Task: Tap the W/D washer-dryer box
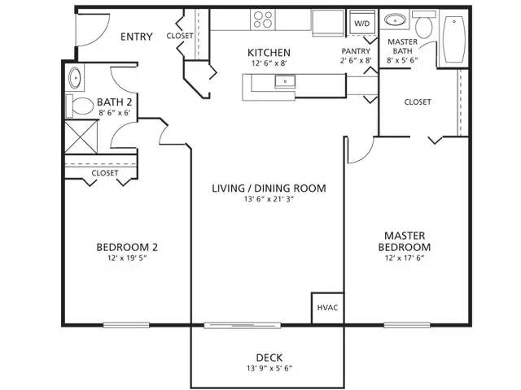coord(361,24)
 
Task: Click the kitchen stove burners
coord(262,19)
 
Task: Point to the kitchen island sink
coord(285,80)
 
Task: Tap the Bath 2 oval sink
coord(75,79)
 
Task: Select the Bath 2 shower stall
coord(78,136)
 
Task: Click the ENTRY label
coord(136,37)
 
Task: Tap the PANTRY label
coord(356,50)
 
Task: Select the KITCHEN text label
coord(269,54)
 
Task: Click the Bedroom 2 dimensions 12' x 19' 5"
coord(126,259)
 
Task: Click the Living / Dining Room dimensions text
coord(269,201)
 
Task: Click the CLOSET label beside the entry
coord(180,37)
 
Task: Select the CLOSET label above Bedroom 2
coord(104,173)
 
